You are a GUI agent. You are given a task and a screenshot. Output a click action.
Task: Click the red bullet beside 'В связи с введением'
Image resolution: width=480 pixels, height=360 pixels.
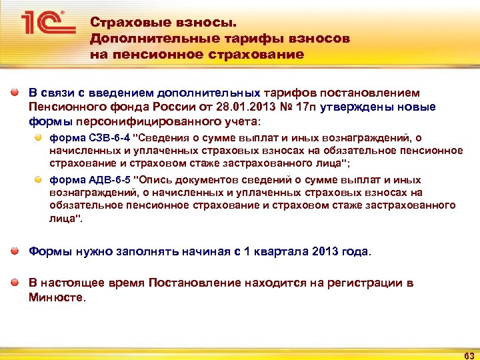coord(15,92)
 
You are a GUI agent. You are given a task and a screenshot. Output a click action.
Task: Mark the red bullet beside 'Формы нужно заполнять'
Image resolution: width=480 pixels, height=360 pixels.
coord(15,251)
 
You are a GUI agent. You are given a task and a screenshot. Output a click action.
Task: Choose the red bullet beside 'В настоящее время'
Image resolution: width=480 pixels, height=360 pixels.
coord(15,283)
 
